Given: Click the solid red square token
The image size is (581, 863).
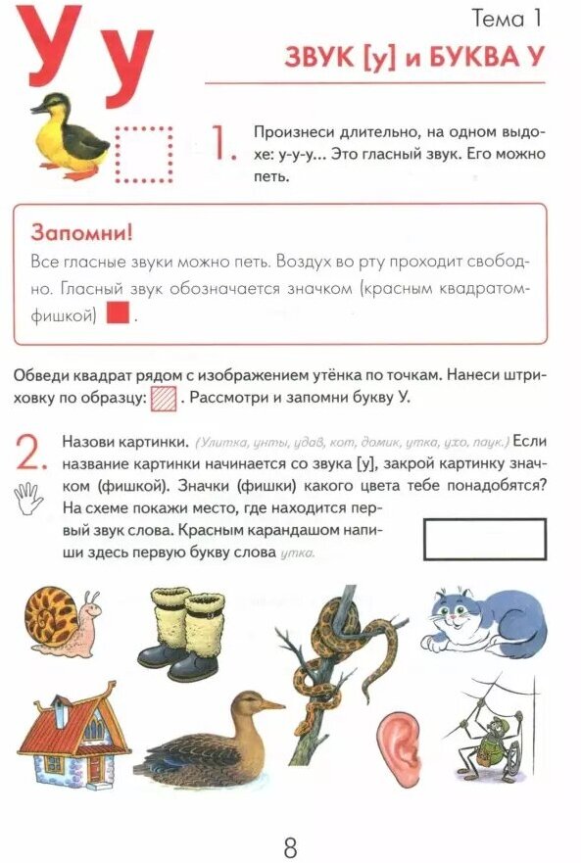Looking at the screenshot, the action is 118,315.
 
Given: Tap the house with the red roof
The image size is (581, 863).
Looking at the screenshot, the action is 68,742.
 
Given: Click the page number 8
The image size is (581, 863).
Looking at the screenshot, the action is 290,842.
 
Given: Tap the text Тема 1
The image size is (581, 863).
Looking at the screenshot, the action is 507,18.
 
